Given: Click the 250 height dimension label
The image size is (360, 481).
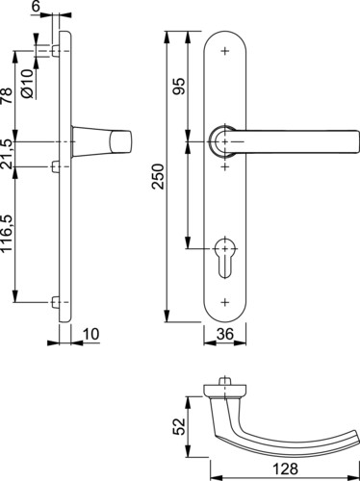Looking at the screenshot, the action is tap(158, 176).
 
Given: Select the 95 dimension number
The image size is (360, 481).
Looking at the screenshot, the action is tap(179, 86).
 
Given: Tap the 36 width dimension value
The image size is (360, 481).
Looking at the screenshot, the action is tap(225, 334).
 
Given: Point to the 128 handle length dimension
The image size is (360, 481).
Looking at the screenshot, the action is tap(285, 468).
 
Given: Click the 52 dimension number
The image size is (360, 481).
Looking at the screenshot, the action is tap(179, 426).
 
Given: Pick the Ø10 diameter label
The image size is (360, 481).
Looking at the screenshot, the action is tap(28, 84).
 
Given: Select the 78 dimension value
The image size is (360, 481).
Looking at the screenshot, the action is tap(7, 95).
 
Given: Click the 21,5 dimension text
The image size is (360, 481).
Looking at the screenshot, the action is tap(7, 154).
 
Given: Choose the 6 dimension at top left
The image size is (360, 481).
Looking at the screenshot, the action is tap(37, 7).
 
